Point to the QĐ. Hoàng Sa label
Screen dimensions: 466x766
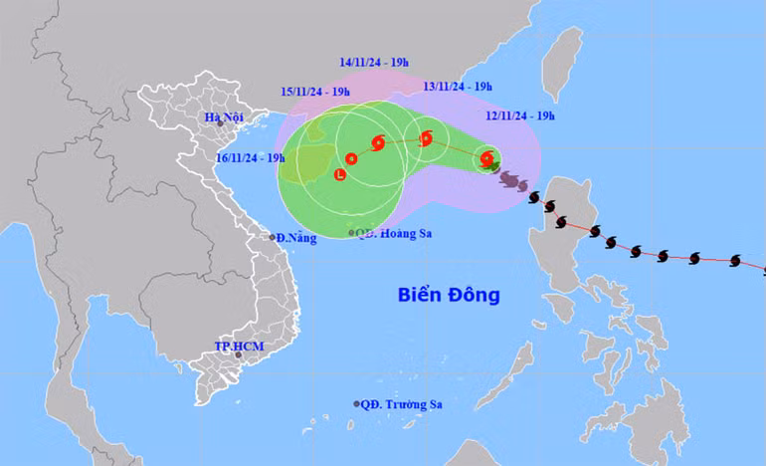396,233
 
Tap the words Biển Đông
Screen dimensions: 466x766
448,296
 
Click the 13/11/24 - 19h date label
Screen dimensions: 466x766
459,87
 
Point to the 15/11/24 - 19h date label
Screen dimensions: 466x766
314,92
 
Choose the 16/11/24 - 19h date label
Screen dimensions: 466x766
249,157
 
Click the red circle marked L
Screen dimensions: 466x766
341,175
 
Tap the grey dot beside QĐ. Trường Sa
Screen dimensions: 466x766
357,403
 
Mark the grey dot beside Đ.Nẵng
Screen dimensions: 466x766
273,237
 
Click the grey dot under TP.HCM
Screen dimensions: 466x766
238,354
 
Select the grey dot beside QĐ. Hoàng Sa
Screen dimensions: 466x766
351,233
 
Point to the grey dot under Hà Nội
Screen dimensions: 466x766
220,123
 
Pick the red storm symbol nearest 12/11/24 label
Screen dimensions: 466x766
486,157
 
